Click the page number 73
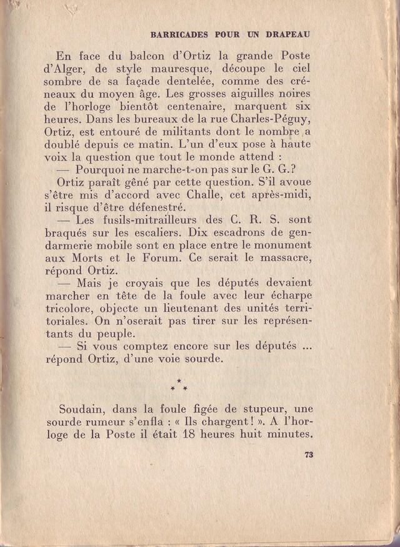[x=308, y=455]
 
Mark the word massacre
[x=282, y=262]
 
